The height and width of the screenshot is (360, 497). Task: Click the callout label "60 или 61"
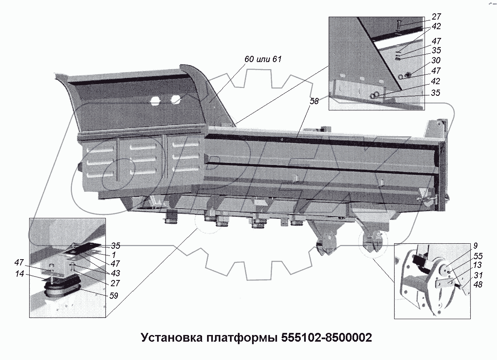[x=263, y=60]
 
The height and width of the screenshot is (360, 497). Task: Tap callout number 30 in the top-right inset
[x=436, y=61]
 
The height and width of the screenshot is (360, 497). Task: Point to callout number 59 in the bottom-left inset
[x=114, y=296]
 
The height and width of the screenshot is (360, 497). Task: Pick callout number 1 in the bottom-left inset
[x=114, y=254]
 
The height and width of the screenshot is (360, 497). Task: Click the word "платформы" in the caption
[x=241, y=337]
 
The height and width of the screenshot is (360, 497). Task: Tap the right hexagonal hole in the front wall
[x=175, y=99]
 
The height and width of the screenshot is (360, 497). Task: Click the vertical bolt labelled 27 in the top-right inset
[x=399, y=27]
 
